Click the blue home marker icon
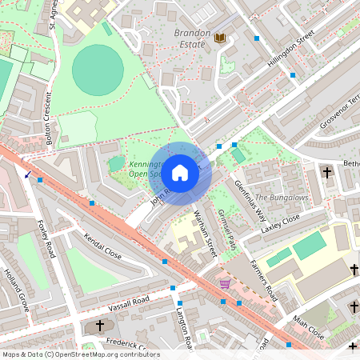[180, 172]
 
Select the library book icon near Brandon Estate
[220, 38]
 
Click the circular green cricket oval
[98, 68]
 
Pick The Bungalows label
[282, 198]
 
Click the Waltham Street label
[206, 233]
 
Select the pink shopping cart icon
[226, 284]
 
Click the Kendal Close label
[102, 246]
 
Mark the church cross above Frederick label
[100, 326]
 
